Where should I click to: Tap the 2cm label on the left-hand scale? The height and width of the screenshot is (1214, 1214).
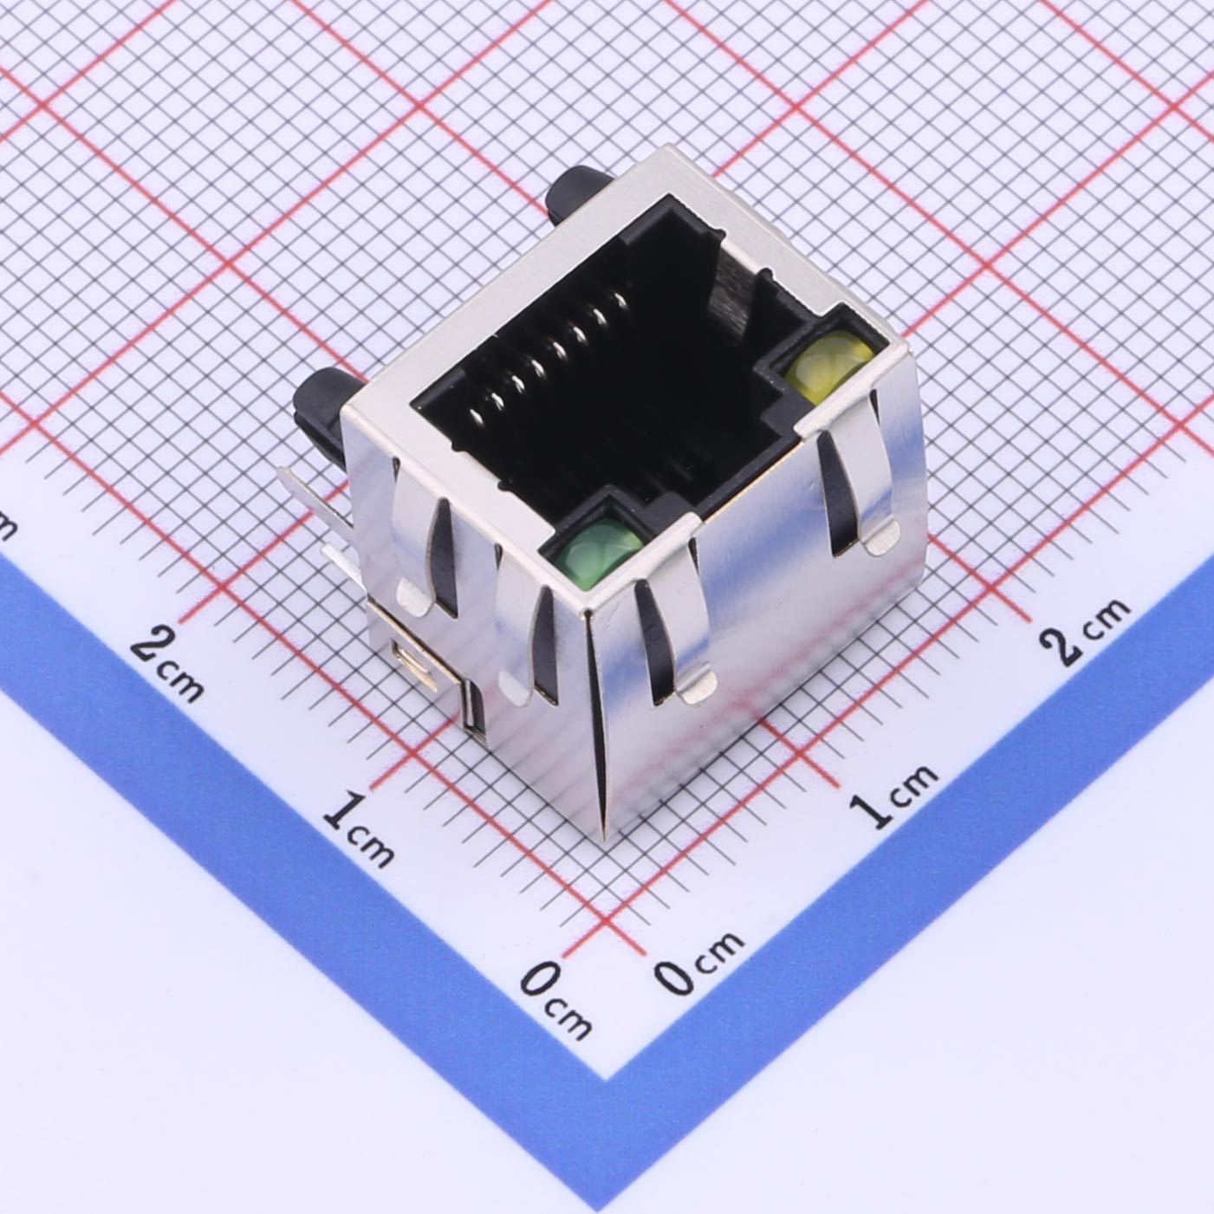(x=168, y=664)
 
